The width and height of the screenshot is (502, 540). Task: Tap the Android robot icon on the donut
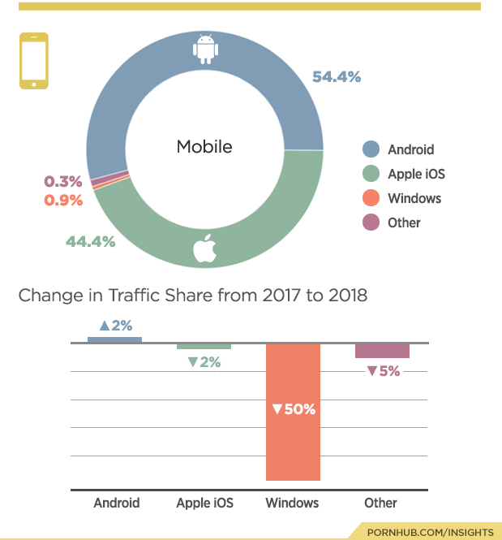pos(204,49)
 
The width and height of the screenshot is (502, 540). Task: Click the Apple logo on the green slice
pos(204,250)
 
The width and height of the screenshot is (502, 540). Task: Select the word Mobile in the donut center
pos(204,147)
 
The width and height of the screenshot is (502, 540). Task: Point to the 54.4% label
pos(336,76)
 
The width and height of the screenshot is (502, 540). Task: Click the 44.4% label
pos(90,241)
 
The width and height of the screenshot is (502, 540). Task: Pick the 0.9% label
pos(63,200)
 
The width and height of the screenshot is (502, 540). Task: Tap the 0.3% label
pos(63,181)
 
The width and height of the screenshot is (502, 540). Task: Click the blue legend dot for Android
pos(371,149)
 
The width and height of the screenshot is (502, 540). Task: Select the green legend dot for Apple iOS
pos(371,174)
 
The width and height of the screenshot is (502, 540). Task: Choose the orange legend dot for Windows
pos(371,198)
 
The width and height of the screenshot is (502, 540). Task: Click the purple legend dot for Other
pos(371,222)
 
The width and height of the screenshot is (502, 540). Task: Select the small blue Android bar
pos(115,339)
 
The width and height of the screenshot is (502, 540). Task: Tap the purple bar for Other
pos(382,350)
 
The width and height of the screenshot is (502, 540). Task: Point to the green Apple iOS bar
pos(204,346)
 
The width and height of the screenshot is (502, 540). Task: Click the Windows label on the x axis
pos(292,503)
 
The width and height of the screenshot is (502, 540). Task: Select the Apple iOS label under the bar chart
pos(204,503)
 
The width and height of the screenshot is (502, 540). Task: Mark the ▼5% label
pos(383,371)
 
